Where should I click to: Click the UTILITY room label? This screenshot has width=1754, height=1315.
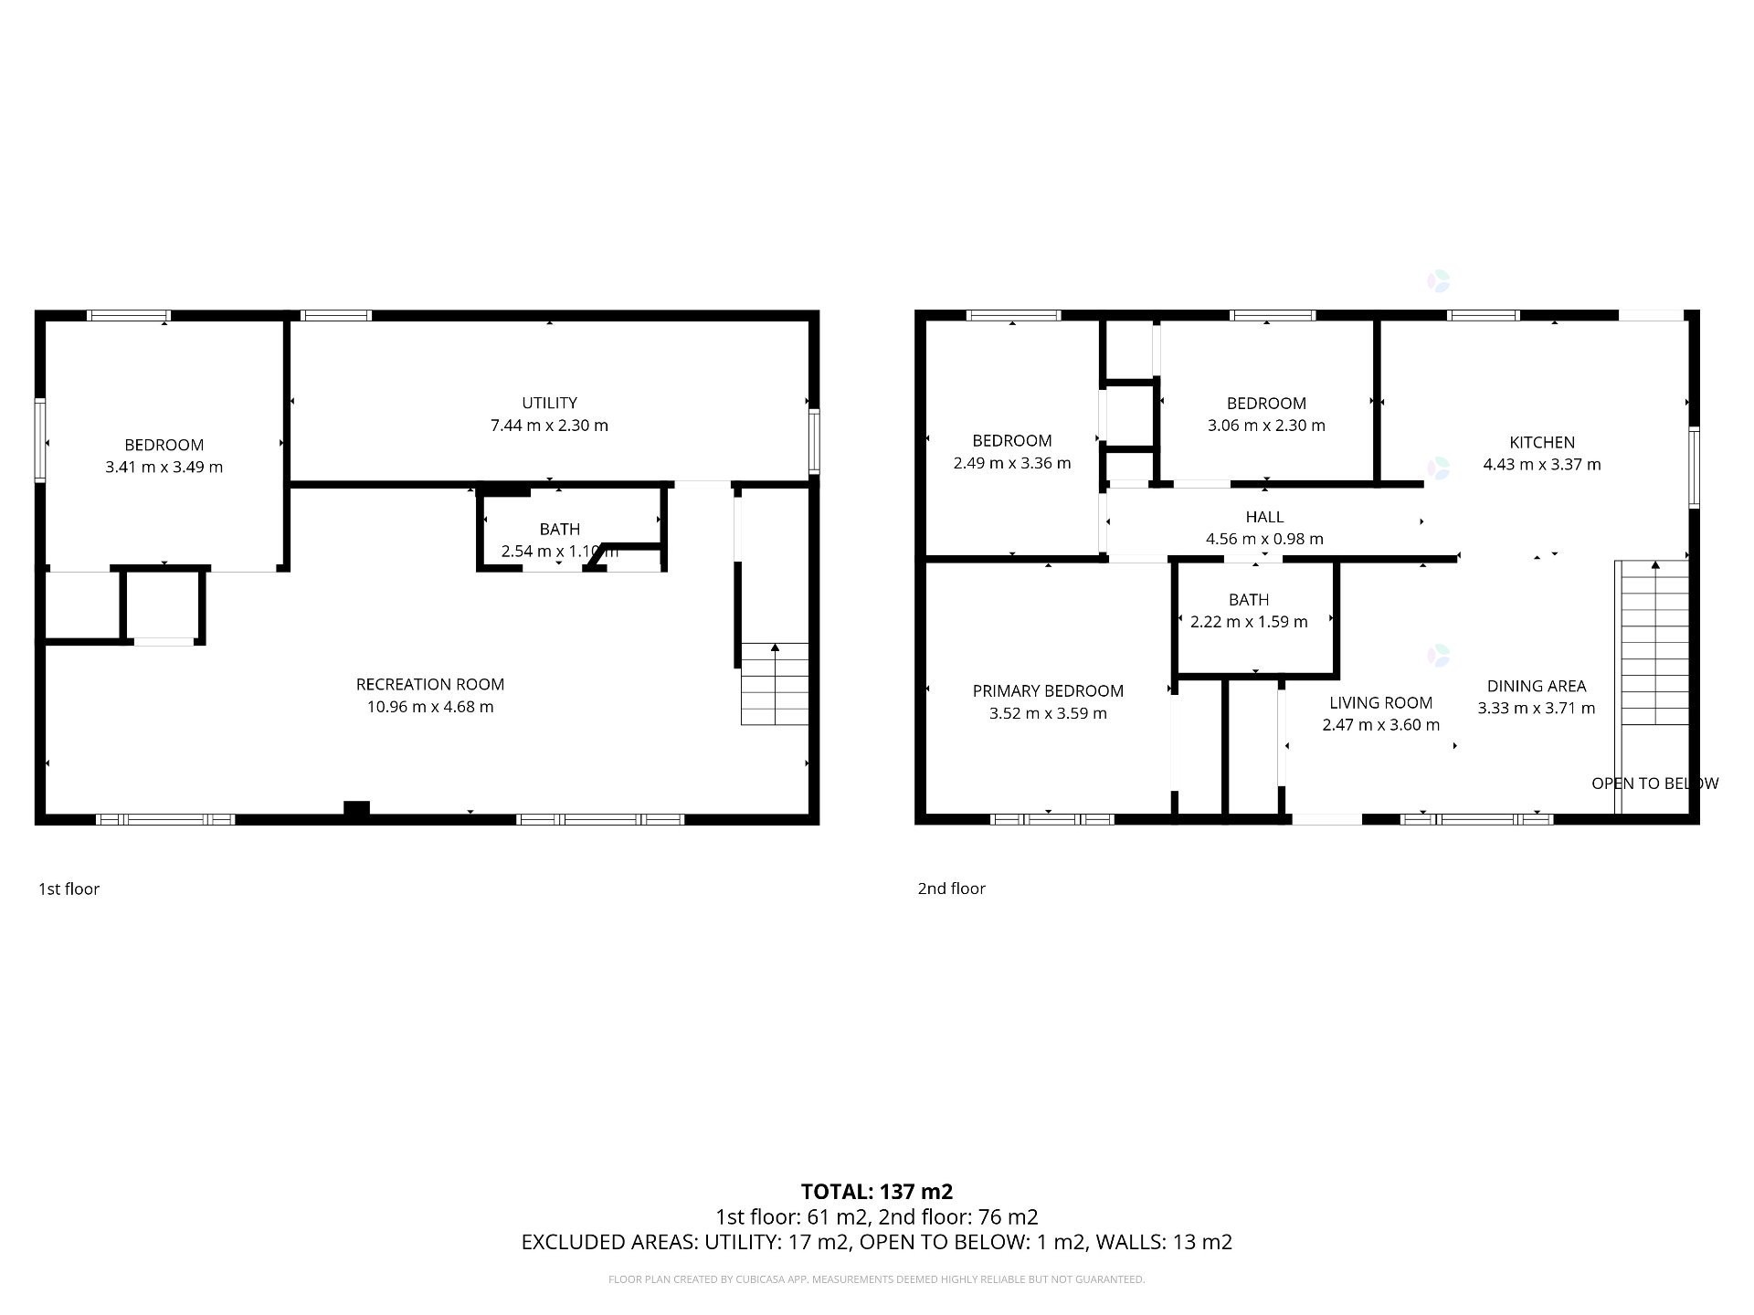(549, 403)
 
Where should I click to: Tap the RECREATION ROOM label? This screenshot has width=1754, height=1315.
(429, 684)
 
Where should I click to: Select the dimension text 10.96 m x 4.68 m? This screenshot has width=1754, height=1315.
(429, 707)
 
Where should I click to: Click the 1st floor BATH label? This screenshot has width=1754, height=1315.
(559, 529)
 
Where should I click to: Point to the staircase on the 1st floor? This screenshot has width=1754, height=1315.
(775, 684)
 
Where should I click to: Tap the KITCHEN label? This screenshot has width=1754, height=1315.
(1541, 442)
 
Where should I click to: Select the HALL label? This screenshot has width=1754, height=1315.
(1264, 517)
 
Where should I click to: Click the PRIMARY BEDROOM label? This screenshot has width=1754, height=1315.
(1048, 691)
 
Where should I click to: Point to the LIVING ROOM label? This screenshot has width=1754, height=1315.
(1380, 702)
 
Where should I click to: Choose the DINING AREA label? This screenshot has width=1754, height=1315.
(1536, 686)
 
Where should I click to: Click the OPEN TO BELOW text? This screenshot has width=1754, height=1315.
(1654, 784)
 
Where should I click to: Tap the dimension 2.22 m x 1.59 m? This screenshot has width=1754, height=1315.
(1249, 622)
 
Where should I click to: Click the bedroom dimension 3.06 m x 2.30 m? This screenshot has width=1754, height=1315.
(1266, 426)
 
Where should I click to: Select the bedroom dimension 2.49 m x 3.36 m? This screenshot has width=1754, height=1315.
(1011, 463)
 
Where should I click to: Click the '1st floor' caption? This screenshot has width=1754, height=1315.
(69, 889)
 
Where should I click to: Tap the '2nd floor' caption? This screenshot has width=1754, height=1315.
(951, 889)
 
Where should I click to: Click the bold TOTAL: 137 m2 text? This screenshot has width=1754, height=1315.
(876, 1192)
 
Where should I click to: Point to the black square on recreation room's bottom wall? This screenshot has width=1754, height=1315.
(356, 808)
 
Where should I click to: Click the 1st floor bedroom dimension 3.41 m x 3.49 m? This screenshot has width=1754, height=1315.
(164, 467)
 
